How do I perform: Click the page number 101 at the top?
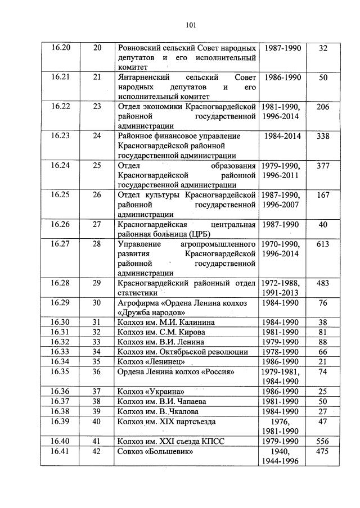(x=190, y=24)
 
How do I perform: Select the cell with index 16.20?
(x=61, y=48)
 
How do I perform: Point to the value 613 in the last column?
(x=322, y=244)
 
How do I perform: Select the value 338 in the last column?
(x=322, y=136)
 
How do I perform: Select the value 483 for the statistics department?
(x=322, y=283)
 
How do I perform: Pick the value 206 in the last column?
(x=322, y=107)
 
